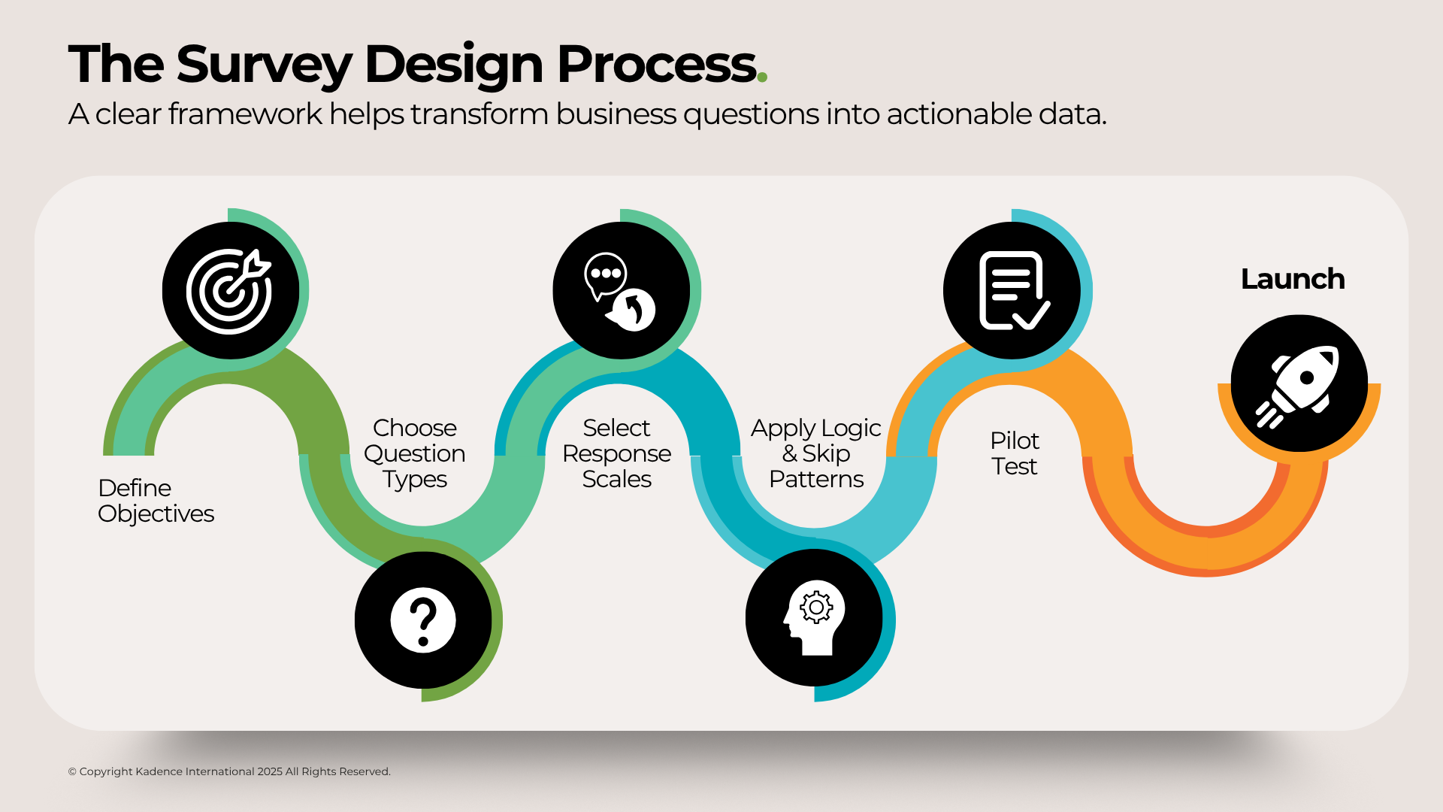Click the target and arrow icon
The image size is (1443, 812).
[x=229, y=291]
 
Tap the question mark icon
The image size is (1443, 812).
[x=423, y=620]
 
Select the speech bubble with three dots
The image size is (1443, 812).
[x=606, y=275]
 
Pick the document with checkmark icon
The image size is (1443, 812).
[x=1012, y=291]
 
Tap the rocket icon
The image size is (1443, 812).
[x=1299, y=384]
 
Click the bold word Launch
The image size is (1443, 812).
[x=1292, y=279]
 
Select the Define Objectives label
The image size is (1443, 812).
[x=156, y=501]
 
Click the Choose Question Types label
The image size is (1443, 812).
[x=415, y=453]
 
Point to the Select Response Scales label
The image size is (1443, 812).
[x=616, y=453]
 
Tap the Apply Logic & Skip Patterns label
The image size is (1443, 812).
[x=816, y=453]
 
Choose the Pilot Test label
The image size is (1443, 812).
[x=1014, y=453]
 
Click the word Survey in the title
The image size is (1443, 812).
[x=264, y=65]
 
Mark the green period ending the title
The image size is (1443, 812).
[x=762, y=77]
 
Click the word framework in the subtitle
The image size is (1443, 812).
[x=245, y=114]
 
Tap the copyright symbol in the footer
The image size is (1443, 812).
[x=72, y=771]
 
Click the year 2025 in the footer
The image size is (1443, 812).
[x=269, y=771]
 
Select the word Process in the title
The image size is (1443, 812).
[x=656, y=65]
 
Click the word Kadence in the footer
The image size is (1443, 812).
[x=159, y=771]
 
